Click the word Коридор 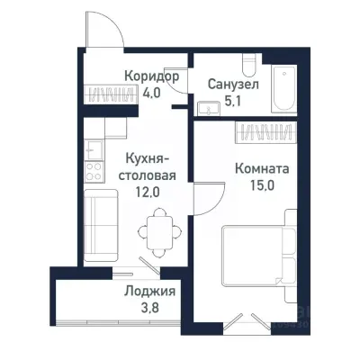tap(150, 76)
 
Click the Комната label tap(261, 167)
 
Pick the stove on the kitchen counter tap(94, 167)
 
